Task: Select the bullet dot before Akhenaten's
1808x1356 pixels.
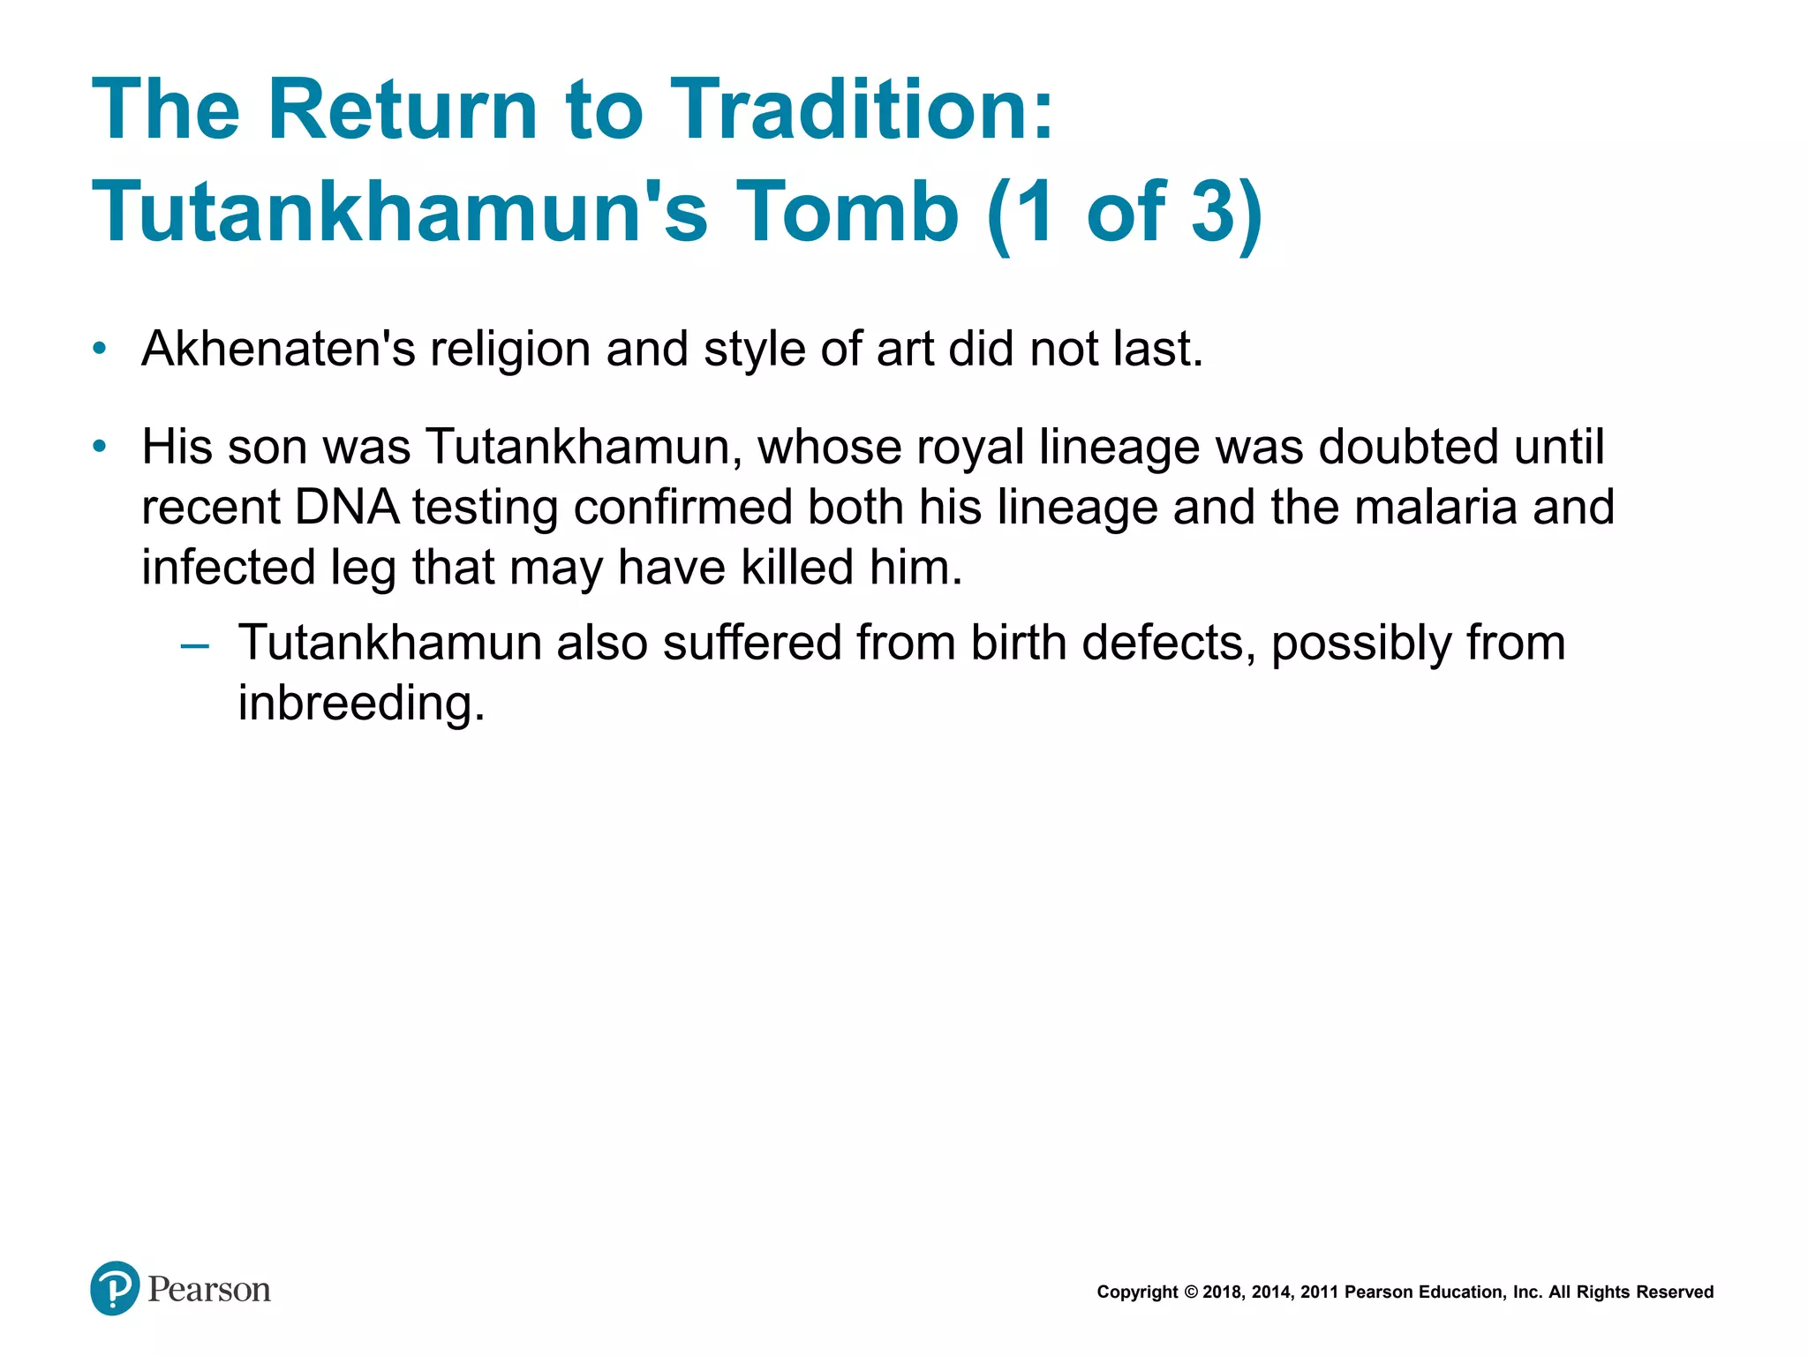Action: tap(100, 349)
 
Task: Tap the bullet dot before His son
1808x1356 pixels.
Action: tap(100, 447)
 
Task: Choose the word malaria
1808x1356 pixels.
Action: tap(1435, 508)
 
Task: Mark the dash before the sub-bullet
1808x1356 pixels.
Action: tap(194, 645)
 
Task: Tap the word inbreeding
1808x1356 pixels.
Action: tap(361, 704)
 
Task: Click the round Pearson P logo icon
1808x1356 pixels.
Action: tap(115, 1288)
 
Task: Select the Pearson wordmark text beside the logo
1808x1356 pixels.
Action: tap(209, 1290)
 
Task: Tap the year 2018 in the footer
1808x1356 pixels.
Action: tap(1223, 1292)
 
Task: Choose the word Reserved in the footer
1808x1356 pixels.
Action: tap(1675, 1292)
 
